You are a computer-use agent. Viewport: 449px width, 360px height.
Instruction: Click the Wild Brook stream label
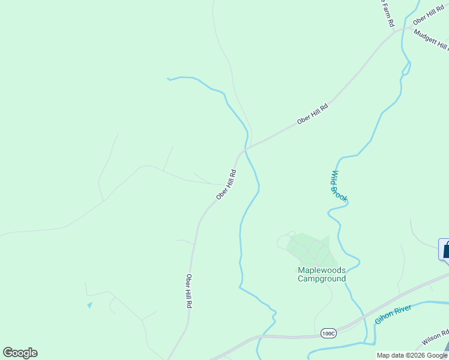point(339,186)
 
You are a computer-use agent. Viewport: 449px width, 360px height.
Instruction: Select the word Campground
point(322,278)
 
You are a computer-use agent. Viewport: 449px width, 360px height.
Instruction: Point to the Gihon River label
point(393,314)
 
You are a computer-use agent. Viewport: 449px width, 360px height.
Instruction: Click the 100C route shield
point(328,333)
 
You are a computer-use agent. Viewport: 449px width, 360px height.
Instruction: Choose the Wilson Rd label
point(435,338)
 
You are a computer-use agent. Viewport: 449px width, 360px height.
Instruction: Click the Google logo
point(20,353)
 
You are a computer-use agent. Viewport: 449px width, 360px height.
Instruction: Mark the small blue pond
point(90,305)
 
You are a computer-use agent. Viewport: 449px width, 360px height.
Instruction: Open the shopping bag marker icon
point(446,249)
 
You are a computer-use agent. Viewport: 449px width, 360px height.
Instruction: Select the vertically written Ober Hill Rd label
point(188,291)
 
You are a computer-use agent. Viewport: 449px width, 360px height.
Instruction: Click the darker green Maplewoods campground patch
point(309,250)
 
